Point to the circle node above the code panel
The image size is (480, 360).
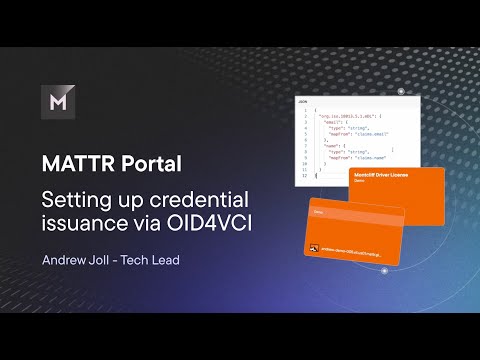[399, 91]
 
